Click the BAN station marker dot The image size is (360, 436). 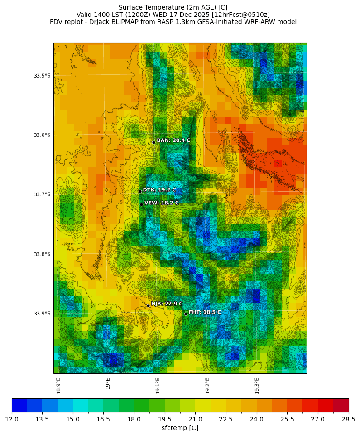(x=154, y=142)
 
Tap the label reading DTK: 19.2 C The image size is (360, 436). (x=159, y=190)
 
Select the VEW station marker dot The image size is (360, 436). (x=141, y=204)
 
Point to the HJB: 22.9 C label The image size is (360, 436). (x=167, y=304)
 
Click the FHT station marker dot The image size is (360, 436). (x=186, y=314)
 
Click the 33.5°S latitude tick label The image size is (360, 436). (x=42, y=76)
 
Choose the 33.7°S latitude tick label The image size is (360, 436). (x=42, y=194)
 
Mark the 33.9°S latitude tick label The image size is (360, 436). (x=42, y=314)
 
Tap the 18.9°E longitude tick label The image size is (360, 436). (x=59, y=385)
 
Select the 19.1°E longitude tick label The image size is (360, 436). (x=158, y=385)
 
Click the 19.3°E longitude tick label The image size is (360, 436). (x=257, y=385)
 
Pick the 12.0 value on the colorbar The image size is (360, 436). (x=12, y=419)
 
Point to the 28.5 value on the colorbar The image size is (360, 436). (x=348, y=419)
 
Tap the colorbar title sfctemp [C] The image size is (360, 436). (x=180, y=428)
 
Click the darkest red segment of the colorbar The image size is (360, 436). (x=341, y=405)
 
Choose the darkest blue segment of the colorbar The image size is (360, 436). (x=19, y=405)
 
